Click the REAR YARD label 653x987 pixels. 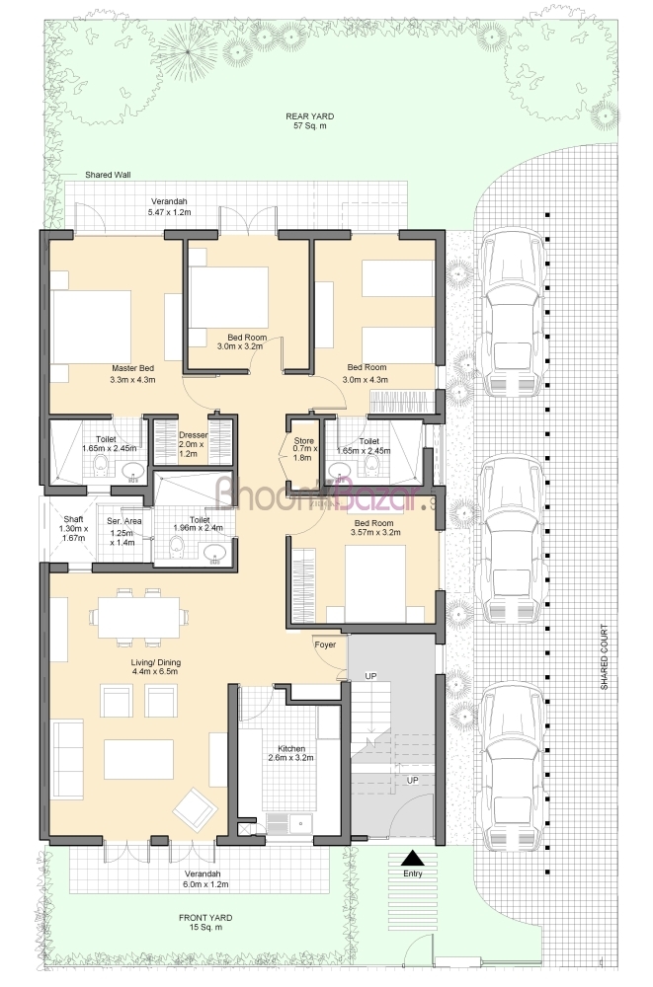[309, 116]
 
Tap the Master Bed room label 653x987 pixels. [133, 368]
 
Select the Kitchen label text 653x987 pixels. [291, 748]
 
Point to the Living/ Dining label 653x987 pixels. [156, 662]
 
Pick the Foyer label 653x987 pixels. [325, 645]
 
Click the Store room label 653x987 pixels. [304, 440]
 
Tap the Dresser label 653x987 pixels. [193, 435]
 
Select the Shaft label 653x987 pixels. [73, 519]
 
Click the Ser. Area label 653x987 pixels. [124, 521]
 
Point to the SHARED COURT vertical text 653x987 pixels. [604, 656]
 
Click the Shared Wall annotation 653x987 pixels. [108, 175]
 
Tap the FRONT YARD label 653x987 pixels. [205, 918]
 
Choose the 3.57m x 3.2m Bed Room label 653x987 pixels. [375, 527]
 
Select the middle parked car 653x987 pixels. [511, 540]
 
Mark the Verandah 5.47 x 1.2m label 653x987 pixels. [169, 207]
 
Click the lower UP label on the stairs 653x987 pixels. [412, 780]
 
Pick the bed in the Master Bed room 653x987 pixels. [91, 328]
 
